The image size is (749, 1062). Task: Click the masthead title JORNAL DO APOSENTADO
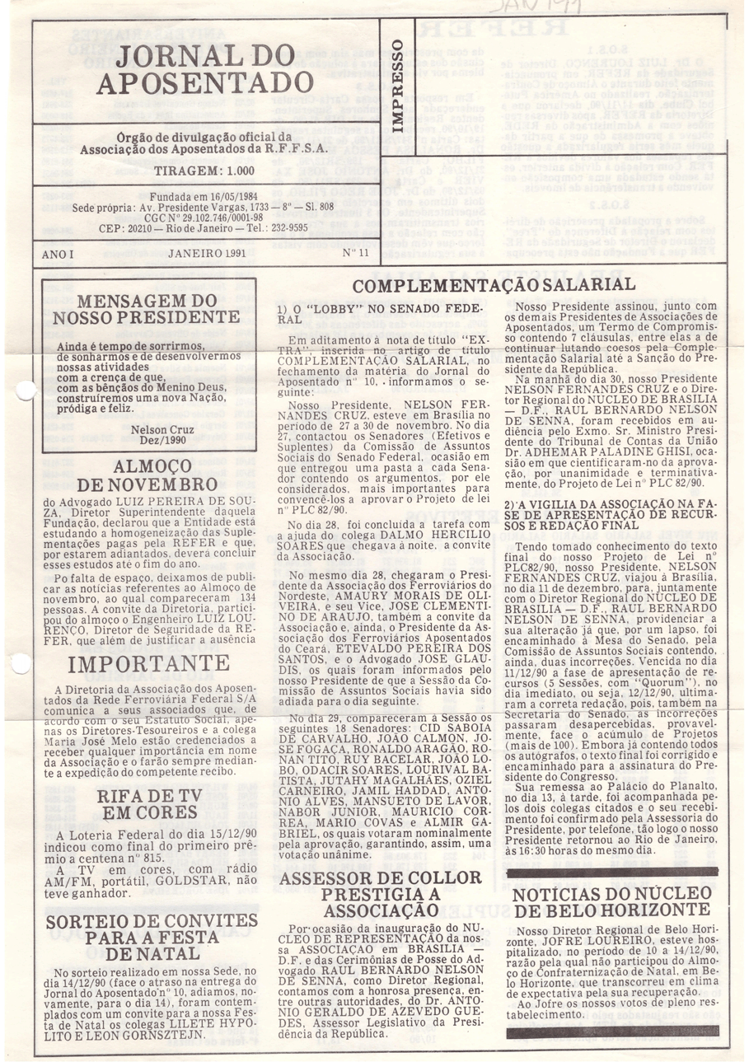click(x=204, y=69)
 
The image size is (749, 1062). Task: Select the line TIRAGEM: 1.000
click(x=204, y=171)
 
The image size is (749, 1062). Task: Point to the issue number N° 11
click(x=354, y=253)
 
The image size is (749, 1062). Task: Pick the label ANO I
click(x=58, y=254)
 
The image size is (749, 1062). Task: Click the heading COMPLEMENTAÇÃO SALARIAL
click(x=494, y=284)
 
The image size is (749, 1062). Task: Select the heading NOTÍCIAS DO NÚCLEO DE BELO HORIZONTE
click(x=613, y=902)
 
